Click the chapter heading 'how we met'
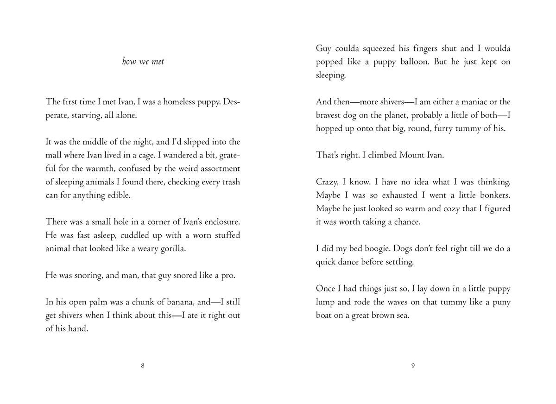pyautogui.click(x=143, y=62)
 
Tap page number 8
pyautogui.click(x=143, y=366)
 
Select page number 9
pyautogui.click(x=413, y=366)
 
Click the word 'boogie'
pyautogui.click(x=373, y=249)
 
